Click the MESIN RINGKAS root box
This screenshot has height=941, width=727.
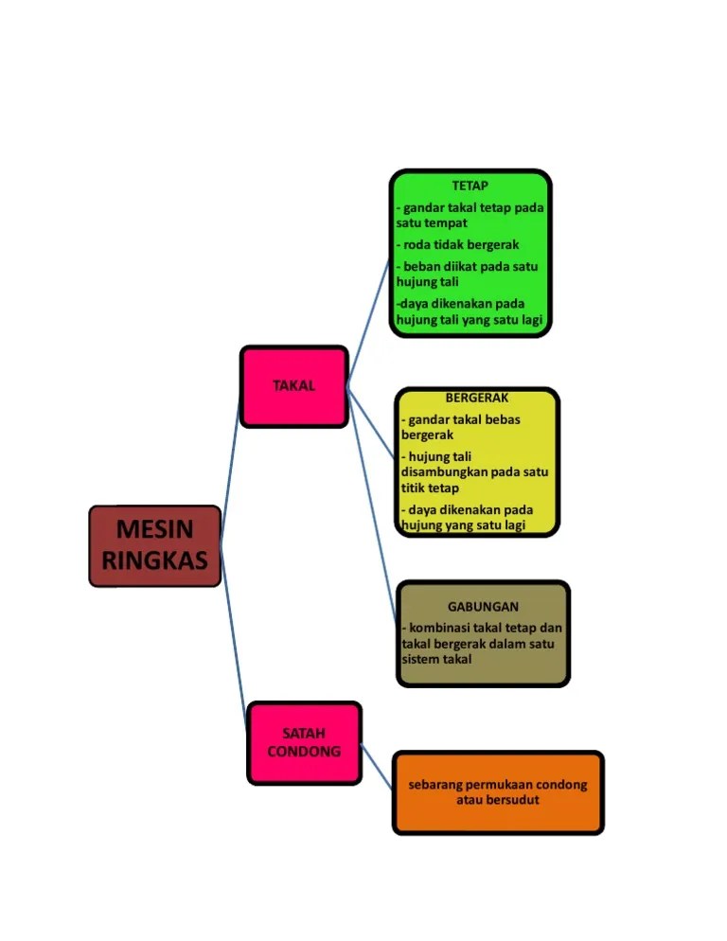154,545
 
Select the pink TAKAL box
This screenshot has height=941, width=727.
293,386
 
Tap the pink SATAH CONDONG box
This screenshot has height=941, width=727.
304,743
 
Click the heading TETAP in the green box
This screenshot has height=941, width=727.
470,186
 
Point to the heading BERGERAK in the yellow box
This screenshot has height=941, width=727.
476,399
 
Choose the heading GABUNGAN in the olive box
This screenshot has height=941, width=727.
483,607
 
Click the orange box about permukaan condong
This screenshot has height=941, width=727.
498,793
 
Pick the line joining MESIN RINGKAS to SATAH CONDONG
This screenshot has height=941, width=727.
234,644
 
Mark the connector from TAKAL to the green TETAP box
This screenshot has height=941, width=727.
369,322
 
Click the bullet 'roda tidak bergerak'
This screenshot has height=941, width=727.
460,244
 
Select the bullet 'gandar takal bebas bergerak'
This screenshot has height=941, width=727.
463,427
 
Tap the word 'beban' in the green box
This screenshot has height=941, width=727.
424,266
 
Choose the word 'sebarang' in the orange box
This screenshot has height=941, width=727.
434,785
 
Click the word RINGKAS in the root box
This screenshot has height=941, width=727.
154,560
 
